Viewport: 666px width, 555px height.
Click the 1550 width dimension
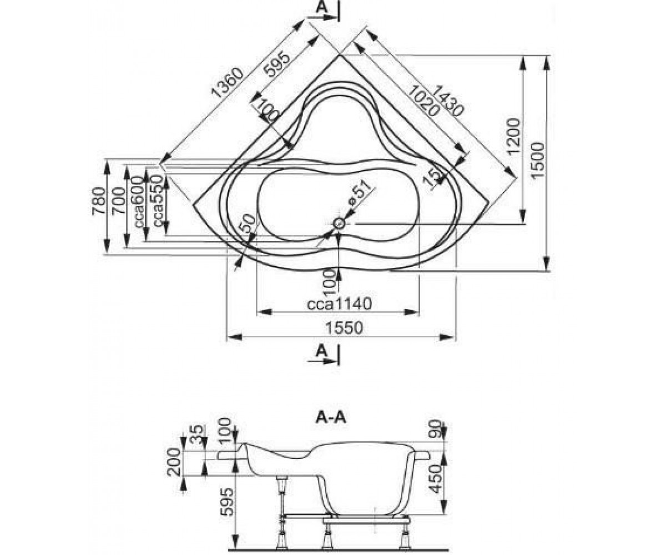tap(344, 328)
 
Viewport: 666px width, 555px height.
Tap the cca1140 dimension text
tap(339, 304)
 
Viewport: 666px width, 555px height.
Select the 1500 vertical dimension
tap(538, 160)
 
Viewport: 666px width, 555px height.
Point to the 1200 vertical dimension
tap(514, 137)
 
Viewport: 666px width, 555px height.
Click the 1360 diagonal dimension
tap(228, 83)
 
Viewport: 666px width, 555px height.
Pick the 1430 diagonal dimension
tap(450, 100)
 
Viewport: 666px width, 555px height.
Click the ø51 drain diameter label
tap(360, 195)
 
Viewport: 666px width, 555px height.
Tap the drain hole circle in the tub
tap(339, 224)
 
